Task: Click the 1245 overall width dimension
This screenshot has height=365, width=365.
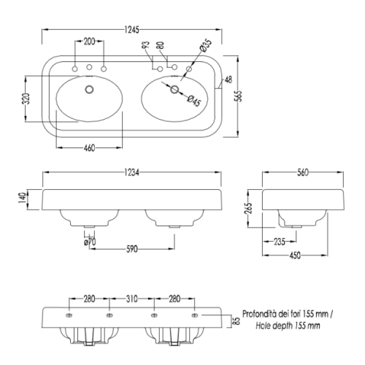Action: (131, 30)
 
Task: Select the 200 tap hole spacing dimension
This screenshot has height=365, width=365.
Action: (89, 42)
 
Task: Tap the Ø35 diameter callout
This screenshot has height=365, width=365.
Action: (206, 45)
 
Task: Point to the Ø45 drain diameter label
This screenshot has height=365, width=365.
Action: (194, 100)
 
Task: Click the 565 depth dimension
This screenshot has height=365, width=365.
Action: (239, 96)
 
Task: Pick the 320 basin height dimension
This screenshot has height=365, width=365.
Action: (26, 99)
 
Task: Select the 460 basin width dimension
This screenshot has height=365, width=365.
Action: (89, 147)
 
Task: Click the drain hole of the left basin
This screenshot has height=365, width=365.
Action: (89, 89)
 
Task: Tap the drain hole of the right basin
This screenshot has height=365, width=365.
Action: (174, 89)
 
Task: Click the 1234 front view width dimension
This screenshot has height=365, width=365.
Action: (131, 172)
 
